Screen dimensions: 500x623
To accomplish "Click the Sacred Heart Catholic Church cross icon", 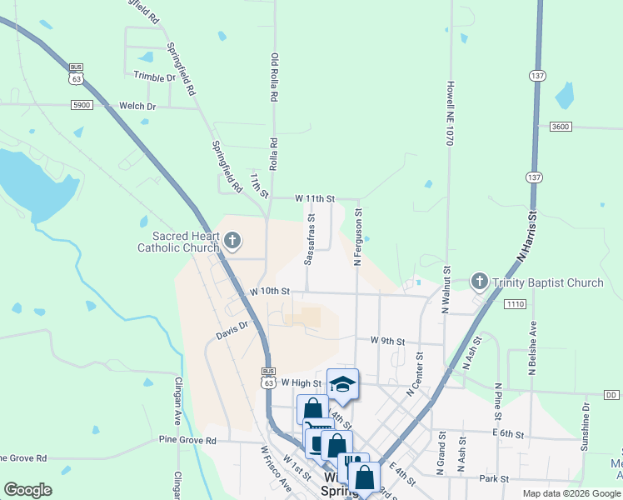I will click(232, 242).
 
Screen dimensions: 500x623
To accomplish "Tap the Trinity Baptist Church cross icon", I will click(479, 282).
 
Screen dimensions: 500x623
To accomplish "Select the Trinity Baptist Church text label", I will click(547, 282).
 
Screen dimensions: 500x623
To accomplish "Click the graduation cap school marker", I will click(342, 384).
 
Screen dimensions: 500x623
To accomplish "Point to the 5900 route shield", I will click(81, 106).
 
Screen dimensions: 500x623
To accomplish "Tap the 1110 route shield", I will click(514, 304).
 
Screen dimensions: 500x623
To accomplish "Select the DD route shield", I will click(611, 394).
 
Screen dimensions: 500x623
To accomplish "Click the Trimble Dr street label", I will click(155, 77).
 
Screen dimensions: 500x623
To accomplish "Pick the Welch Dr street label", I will click(137, 106).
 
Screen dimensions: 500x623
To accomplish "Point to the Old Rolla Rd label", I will click(273, 77).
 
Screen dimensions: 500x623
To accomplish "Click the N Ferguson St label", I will click(358, 237).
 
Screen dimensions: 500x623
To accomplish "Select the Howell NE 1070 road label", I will click(448, 113).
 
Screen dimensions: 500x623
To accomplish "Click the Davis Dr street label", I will click(232, 331).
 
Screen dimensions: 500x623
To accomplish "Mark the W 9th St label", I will click(387, 341).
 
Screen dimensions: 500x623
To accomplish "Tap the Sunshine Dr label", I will click(586, 427).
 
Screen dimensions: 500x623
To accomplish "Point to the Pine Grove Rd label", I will click(187, 439).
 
